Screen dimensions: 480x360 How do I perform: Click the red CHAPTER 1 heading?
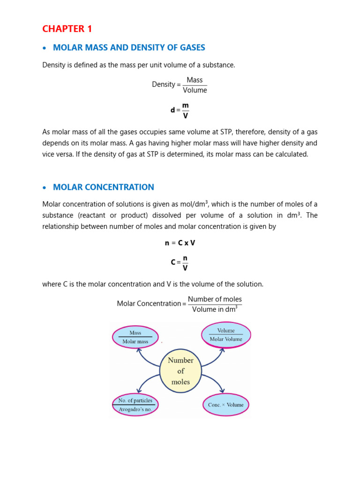(67, 29)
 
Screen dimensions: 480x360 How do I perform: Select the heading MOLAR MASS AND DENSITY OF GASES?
(129, 48)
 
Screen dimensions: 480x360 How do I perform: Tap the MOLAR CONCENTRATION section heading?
(104, 187)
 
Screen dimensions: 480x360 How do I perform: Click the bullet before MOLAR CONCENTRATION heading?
(45, 187)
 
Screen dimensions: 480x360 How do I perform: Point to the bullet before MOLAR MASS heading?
(45, 48)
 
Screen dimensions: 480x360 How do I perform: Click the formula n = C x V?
(180, 243)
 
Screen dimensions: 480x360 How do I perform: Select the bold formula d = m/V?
(180, 110)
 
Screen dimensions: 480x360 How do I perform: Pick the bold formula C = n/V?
(180, 262)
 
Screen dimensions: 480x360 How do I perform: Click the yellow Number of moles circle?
(180, 371)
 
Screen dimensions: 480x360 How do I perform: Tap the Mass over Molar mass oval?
(135, 337)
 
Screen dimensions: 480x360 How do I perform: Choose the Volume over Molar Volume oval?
(226, 335)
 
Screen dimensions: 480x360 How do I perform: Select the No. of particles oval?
(135, 405)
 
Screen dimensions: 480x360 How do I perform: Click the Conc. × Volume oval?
(226, 405)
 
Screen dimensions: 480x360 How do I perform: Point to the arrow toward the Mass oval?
(148, 355)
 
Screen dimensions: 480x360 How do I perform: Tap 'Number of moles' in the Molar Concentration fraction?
(215, 299)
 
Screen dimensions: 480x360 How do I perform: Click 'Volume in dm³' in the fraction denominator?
(215, 309)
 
